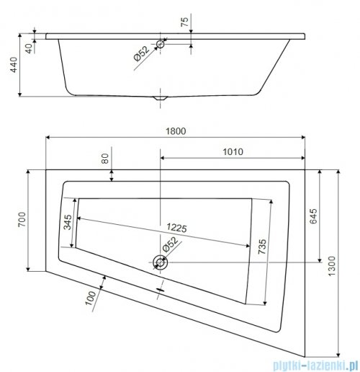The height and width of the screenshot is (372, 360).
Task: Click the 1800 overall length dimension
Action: (x=174, y=130)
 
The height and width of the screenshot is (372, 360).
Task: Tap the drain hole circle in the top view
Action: (x=161, y=263)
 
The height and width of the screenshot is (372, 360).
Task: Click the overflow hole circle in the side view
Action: (x=160, y=44)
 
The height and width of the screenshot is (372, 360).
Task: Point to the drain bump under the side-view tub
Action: (x=161, y=99)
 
